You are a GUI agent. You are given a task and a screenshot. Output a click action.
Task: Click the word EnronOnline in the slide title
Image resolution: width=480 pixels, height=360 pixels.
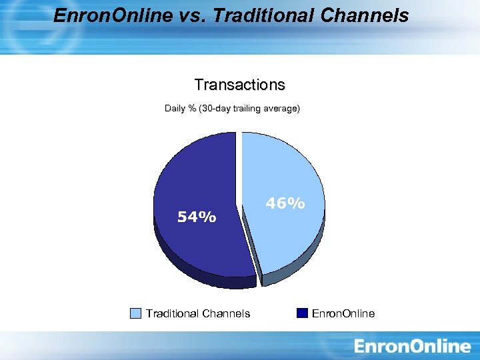[112, 15]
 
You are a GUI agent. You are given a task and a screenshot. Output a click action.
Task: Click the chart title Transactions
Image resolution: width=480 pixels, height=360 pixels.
[239, 85]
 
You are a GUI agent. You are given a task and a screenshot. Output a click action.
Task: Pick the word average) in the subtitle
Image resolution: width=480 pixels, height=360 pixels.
[283, 108]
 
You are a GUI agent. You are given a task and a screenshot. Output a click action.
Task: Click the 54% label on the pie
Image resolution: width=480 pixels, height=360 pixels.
[196, 217]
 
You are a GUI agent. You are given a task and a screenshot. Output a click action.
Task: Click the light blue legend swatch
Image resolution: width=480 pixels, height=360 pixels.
[136, 313]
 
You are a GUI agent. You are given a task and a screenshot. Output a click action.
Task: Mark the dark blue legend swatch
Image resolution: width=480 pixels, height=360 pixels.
[302, 313]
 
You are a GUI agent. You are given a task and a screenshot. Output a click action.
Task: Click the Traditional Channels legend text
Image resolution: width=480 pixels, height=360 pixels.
[198, 313]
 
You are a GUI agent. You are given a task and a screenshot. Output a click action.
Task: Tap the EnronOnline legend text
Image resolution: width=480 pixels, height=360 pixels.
[343, 313]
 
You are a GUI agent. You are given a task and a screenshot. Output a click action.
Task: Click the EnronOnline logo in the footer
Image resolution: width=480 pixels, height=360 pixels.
[412, 346]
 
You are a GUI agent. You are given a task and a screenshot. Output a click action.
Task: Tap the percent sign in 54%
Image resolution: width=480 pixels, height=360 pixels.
[209, 217]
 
